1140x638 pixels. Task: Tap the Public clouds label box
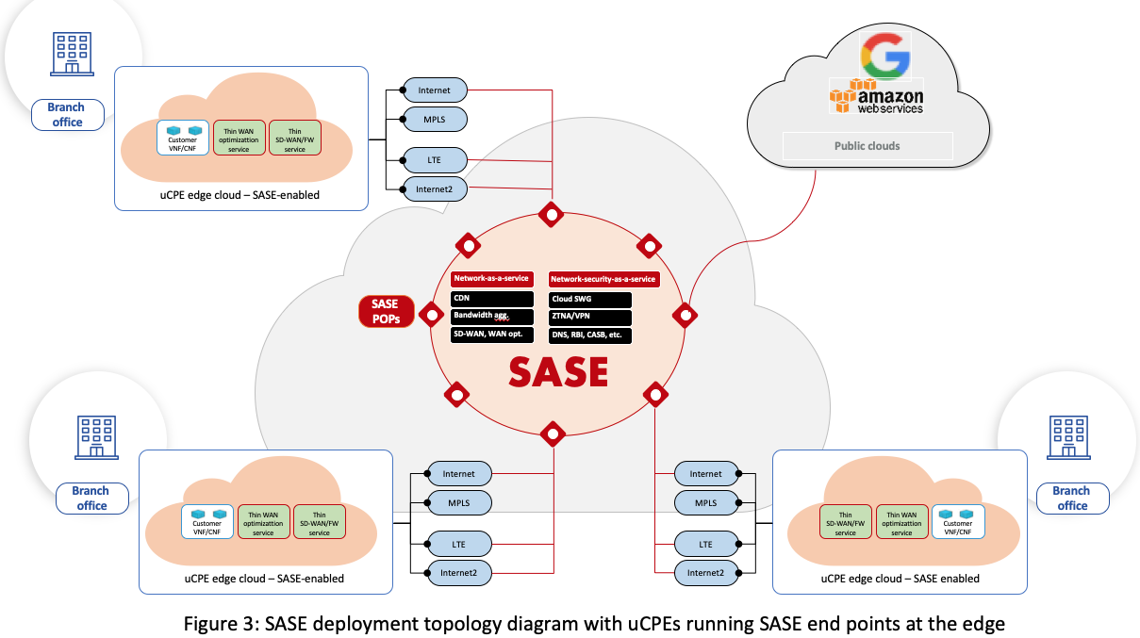[x=867, y=146]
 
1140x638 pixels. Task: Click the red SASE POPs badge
[x=385, y=311]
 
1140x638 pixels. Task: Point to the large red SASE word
[x=558, y=371]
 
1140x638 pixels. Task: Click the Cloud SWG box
[x=590, y=299]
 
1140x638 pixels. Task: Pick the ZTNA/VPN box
[x=590, y=317]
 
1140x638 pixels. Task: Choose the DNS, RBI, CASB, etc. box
[x=590, y=335]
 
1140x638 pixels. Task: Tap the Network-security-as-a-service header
[x=603, y=279]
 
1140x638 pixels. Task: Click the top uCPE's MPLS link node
[x=434, y=119]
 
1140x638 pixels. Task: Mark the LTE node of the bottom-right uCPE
[x=705, y=544]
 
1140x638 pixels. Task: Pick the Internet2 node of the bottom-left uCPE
[x=458, y=571]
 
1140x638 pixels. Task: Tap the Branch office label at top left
[x=66, y=115]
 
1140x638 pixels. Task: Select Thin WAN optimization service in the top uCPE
[x=240, y=138]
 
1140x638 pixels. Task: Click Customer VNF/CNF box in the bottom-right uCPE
[x=958, y=520]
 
